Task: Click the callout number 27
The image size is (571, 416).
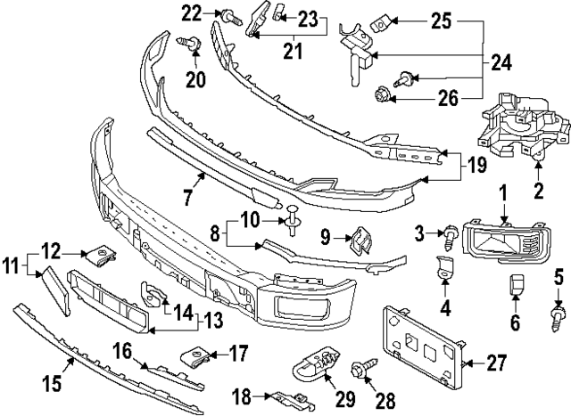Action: point(497,363)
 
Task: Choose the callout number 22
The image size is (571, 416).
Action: point(192,12)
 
